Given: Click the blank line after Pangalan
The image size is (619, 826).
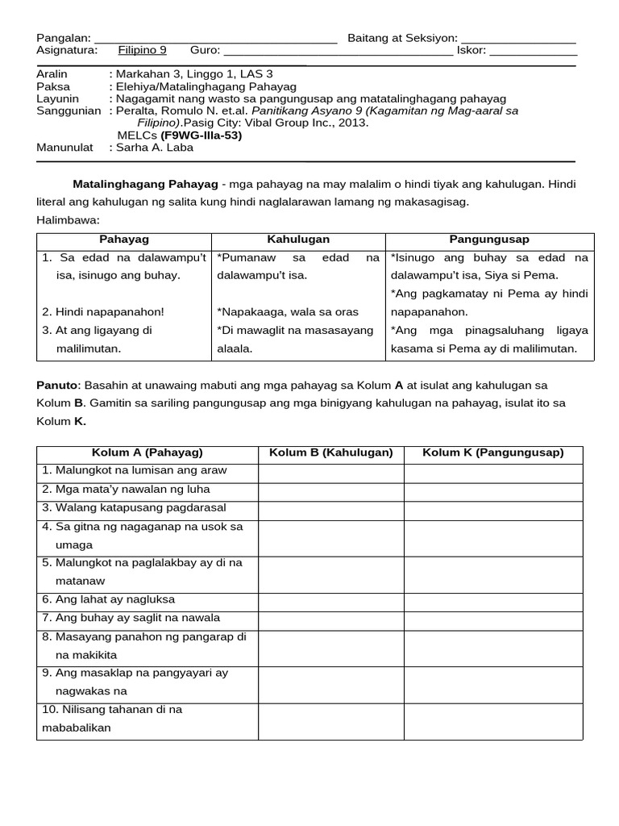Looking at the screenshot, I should pyautogui.click(x=215, y=39).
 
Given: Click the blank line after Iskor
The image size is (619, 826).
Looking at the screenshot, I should pyautogui.click(x=533, y=51).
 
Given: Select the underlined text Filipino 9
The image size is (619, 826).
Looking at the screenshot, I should pyautogui.click(x=142, y=50).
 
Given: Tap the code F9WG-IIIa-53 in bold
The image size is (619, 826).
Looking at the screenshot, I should pyautogui.click(x=201, y=136).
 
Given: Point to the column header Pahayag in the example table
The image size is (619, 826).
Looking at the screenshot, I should pyautogui.click(x=124, y=240).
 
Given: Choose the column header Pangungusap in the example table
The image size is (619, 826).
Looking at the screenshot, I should pyautogui.click(x=489, y=240).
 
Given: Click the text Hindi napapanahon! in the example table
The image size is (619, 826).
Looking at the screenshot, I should pyautogui.click(x=103, y=311).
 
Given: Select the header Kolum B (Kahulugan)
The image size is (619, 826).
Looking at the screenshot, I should pyautogui.click(x=330, y=453).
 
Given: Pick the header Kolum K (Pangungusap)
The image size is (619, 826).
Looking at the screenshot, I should pyautogui.click(x=492, y=453).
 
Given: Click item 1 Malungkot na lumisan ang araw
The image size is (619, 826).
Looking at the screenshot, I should pyautogui.click(x=135, y=470).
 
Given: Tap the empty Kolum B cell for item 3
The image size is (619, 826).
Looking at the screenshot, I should pyautogui.click(x=330, y=508).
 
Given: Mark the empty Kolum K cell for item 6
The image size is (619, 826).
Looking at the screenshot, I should pyautogui.click(x=492, y=600).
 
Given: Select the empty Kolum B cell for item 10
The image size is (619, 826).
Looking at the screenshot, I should pyautogui.click(x=330, y=720).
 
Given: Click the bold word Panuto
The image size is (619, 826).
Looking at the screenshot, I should pyautogui.click(x=55, y=386).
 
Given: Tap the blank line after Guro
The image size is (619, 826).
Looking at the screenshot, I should pyautogui.click(x=339, y=51).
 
